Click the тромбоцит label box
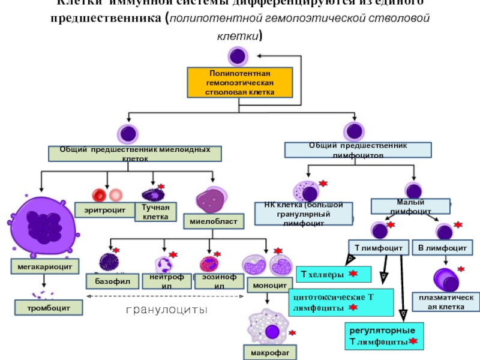tap(48, 308)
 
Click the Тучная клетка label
tap(155, 211)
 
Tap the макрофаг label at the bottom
tap(269, 353)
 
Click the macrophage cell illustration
tap(270, 328)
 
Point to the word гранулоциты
tap(166, 310)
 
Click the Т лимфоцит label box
tap(378, 247)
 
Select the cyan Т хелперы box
tap(333, 274)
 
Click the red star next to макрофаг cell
tap(292, 332)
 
